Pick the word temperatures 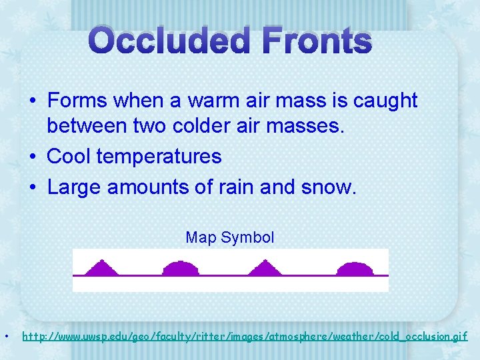click(x=159, y=157)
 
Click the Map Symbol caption click(x=230, y=237)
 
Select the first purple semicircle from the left click(x=181, y=268)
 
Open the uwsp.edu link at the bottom click(x=245, y=337)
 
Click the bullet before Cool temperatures click(x=32, y=157)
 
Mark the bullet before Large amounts click(x=32, y=188)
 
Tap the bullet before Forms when click(x=32, y=101)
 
